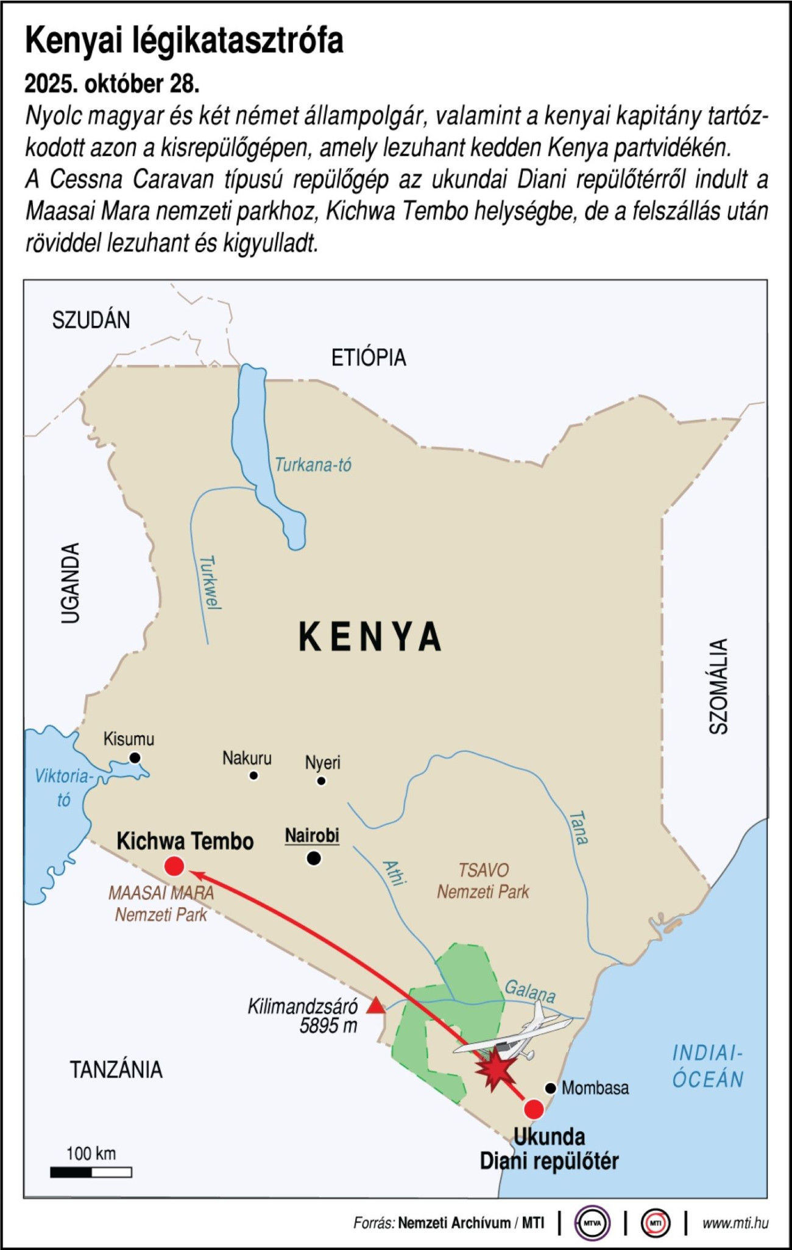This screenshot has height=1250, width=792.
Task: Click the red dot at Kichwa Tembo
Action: click(x=174, y=866)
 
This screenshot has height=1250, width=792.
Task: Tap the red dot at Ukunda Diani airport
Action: click(x=534, y=1109)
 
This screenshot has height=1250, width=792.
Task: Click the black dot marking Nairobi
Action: click(x=314, y=858)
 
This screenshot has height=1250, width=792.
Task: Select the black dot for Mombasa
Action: click(x=550, y=1088)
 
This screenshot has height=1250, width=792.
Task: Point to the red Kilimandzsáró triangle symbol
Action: click(x=376, y=1006)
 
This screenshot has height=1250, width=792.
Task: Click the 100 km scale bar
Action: click(x=91, y=1172)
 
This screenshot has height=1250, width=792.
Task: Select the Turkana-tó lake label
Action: click(x=313, y=465)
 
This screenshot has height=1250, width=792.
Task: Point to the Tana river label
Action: click(x=579, y=828)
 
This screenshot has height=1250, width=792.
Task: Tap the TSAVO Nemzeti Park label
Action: click(x=483, y=881)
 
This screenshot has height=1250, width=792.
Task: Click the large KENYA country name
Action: click(x=370, y=637)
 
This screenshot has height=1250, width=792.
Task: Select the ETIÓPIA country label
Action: click(x=369, y=358)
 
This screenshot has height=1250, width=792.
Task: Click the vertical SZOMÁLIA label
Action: click(x=719, y=686)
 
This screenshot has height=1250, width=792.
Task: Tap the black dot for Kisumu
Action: click(x=135, y=758)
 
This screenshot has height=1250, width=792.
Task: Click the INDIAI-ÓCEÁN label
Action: click(x=708, y=1066)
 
